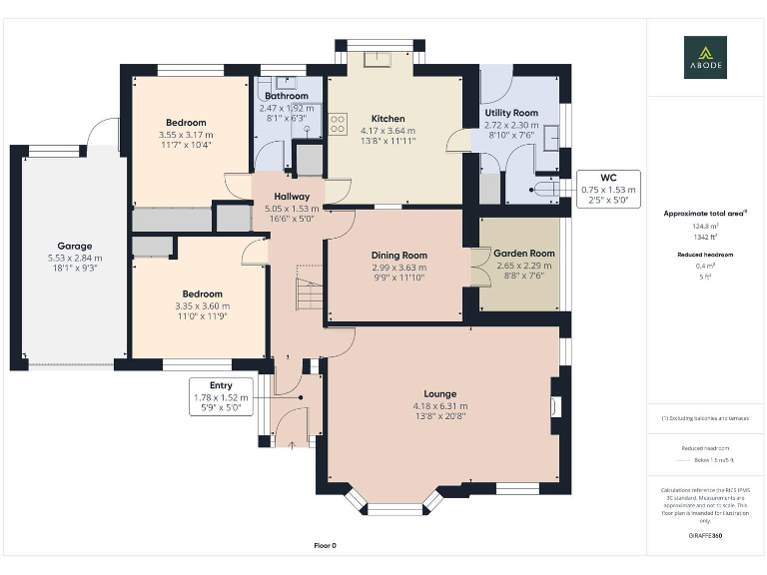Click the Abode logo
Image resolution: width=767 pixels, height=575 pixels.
pyautogui.click(x=705, y=57)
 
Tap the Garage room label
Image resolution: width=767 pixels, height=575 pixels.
pyautogui.click(x=74, y=246)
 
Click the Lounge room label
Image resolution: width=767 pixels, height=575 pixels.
pyautogui.click(x=440, y=393)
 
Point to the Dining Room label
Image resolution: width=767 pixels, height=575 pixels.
pyautogui.click(x=398, y=255)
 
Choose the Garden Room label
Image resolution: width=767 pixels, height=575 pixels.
pyautogui.click(x=524, y=254)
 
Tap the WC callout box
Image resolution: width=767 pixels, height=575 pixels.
pyautogui.click(x=608, y=189)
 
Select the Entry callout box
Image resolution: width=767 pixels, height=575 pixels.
pyautogui.click(x=221, y=396)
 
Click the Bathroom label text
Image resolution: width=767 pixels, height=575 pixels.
pyautogui.click(x=287, y=96)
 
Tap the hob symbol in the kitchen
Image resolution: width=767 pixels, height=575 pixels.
pyautogui.click(x=338, y=126)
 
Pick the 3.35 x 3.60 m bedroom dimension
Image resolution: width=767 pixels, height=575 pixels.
pyautogui.click(x=202, y=305)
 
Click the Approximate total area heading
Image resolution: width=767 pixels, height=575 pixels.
pyautogui.click(x=705, y=214)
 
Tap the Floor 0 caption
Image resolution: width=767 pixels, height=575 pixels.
pyautogui.click(x=326, y=545)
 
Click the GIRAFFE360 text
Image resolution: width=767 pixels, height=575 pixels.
pyautogui.click(x=705, y=536)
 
